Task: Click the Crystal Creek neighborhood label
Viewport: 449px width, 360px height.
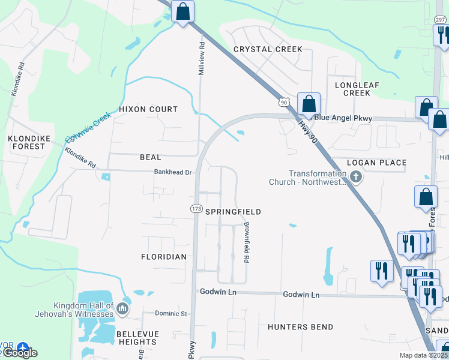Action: pos(268,49)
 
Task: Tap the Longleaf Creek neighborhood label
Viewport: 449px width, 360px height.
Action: pos(357,89)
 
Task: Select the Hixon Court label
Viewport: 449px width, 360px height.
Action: pos(148,109)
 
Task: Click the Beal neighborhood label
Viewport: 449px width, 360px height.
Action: pos(150,157)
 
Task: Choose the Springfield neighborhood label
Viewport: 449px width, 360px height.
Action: pos(233,212)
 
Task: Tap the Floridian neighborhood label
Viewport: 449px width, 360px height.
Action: pos(163,256)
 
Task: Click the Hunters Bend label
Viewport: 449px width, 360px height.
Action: pos(300,327)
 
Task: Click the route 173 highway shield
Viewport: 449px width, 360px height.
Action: pos(196,208)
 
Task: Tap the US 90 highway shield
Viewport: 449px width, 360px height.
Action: pos(284,103)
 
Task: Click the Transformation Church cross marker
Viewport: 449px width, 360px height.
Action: pos(357,178)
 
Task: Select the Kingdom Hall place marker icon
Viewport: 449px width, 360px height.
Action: pos(122,309)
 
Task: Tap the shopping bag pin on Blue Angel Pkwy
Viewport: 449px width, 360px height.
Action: pos(309,104)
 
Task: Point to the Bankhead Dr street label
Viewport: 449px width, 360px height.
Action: pos(172,172)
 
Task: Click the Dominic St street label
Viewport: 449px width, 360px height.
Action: pos(171,313)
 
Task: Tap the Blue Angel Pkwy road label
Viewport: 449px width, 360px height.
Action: pos(343,118)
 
